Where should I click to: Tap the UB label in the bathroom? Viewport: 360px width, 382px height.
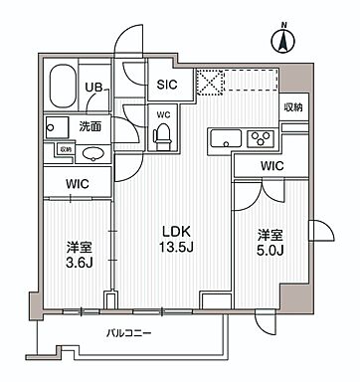[x=91, y=88]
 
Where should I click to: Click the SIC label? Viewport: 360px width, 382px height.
[x=166, y=86]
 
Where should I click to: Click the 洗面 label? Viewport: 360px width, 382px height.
[x=90, y=125]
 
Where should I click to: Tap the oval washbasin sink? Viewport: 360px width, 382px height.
[x=91, y=154]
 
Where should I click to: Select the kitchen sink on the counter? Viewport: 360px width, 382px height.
[x=224, y=138]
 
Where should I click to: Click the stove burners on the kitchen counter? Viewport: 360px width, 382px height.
[x=261, y=138]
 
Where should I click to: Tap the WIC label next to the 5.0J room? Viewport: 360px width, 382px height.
[x=271, y=165]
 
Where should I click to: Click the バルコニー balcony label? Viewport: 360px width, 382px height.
[x=126, y=334]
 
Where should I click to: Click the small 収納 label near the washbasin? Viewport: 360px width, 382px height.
[x=65, y=149]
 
